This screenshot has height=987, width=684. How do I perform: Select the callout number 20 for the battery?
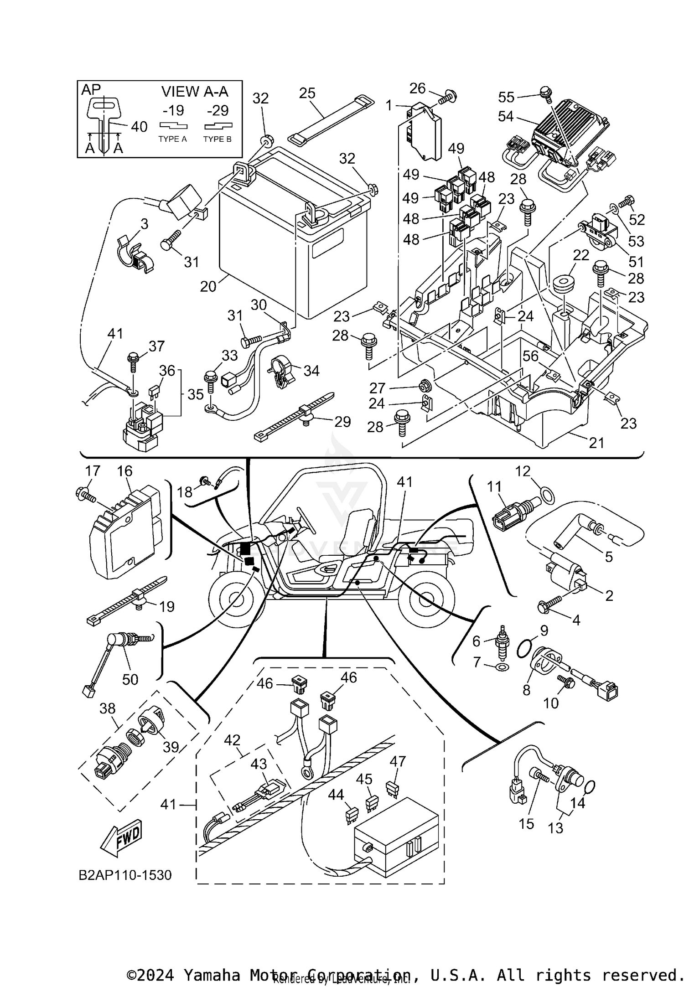(x=208, y=286)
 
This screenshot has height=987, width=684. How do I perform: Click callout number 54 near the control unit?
(x=506, y=117)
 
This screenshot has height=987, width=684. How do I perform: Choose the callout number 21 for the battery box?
(x=596, y=443)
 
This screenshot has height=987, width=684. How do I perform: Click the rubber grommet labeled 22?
(x=564, y=285)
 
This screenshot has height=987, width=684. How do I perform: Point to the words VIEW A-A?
(x=195, y=92)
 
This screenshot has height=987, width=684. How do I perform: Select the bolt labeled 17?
(x=84, y=495)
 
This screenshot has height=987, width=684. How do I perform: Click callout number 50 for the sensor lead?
(x=130, y=679)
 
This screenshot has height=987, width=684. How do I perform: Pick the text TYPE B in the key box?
(x=218, y=139)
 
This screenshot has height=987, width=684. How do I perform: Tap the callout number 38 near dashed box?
(x=108, y=708)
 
